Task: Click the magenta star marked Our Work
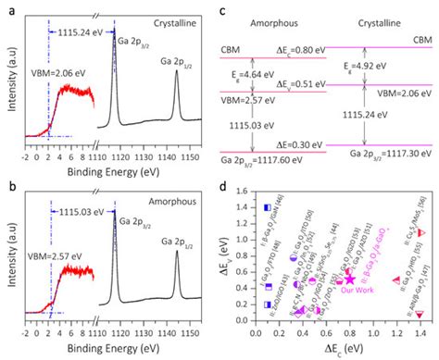[x=350, y=277]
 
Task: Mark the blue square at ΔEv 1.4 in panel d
[x=267, y=208]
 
